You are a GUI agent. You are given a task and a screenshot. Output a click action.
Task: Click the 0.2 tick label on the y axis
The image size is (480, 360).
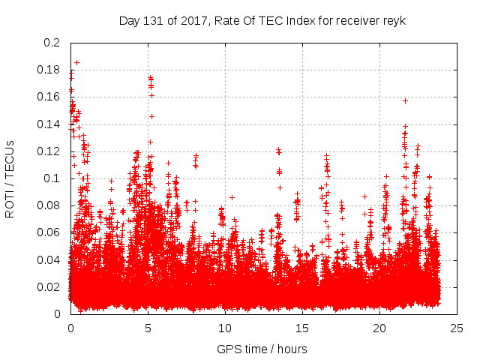(51, 43)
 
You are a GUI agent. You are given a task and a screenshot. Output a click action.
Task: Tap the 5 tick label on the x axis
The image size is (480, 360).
(148, 328)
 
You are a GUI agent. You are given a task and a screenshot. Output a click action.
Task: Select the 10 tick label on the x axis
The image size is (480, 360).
(225, 328)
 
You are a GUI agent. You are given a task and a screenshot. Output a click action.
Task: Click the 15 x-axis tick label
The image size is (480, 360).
(302, 328)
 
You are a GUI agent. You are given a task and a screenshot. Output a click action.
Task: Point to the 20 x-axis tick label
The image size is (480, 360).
(379, 328)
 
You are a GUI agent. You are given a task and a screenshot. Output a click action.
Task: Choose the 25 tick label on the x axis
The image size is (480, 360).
(457, 328)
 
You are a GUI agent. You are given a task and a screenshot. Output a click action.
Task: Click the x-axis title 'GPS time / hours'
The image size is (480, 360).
(262, 349)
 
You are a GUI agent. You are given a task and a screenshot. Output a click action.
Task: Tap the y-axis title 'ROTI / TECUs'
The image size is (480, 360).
(10, 178)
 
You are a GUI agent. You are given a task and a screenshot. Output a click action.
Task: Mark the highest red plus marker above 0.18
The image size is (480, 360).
(76, 62)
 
